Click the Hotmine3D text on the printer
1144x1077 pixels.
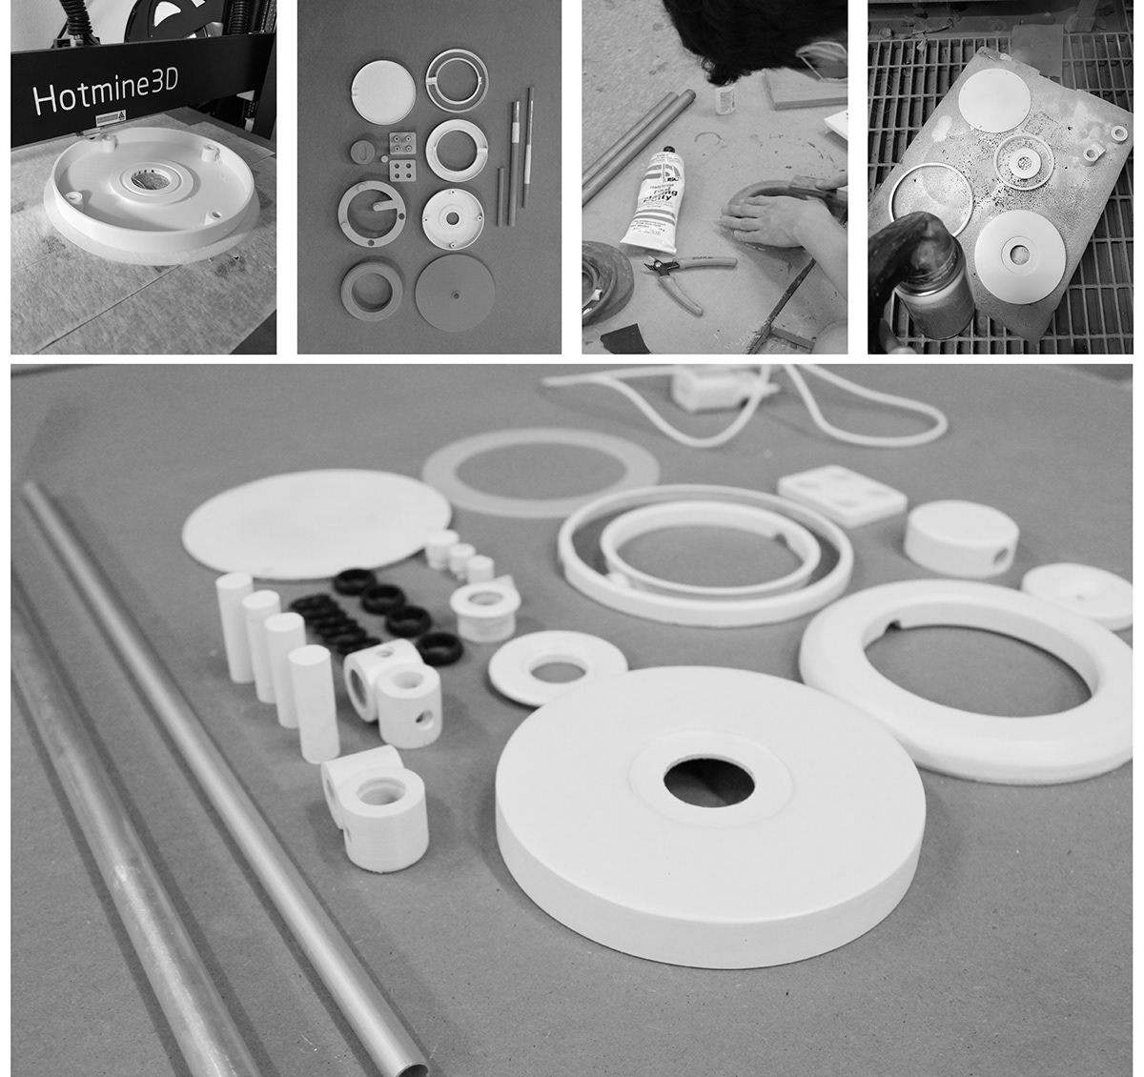[109, 97]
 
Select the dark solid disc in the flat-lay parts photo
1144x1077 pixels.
[455, 292]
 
